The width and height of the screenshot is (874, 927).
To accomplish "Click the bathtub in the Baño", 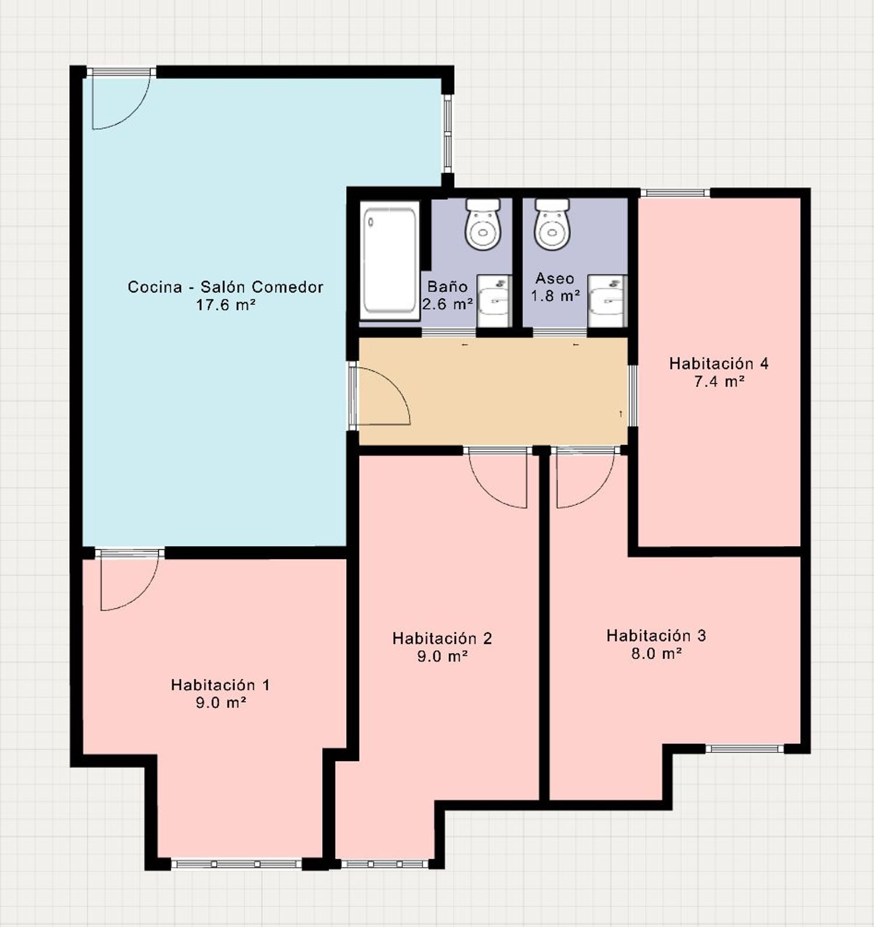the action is click(390, 260).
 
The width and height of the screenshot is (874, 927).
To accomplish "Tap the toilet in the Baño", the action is click(482, 224).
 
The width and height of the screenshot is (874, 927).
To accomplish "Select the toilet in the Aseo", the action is click(552, 224).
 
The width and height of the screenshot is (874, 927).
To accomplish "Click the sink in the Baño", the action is click(494, 301).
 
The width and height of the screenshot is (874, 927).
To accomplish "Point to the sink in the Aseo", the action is click(607, 301).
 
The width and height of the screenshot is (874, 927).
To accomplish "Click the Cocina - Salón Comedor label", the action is click(225, 286).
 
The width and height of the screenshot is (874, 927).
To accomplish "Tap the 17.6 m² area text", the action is click(225, 305).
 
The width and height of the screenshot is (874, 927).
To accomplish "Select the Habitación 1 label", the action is click(220, 685).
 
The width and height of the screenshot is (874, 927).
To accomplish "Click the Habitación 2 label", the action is click(442, 638).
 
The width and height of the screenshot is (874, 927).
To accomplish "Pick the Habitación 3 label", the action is click(656, 635).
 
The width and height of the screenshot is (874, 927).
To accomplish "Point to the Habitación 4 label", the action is click(718, 363).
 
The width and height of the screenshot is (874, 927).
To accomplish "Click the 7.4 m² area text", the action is click(719, 381).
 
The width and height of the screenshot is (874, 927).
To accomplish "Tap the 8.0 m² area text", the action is click(657, 653).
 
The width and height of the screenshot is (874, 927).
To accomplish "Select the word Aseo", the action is click(555, 278).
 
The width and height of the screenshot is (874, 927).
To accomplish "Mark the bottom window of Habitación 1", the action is click(237, 864).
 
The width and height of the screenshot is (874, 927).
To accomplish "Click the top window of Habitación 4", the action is click(675, 193).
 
